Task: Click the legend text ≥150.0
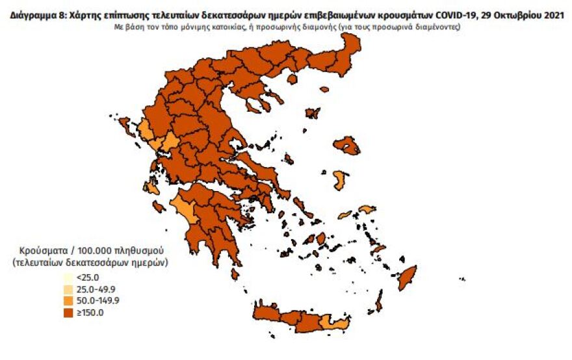tap(88, 313)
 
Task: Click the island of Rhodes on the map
tap(408, 277)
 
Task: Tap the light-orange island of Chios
tap(340, 179)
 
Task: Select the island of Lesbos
tap(346, 145)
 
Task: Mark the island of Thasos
tap(292, 79)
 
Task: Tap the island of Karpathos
tap(380, 300)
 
